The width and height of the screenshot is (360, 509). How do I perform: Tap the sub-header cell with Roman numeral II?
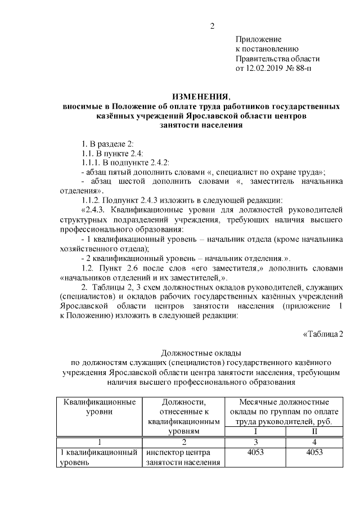point(314,431)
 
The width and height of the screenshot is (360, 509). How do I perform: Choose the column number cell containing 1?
point(99,442)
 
